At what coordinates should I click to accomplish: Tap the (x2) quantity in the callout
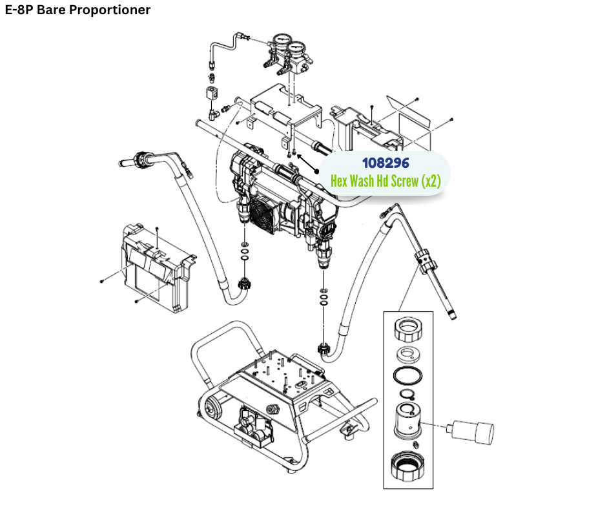tap(430, 182)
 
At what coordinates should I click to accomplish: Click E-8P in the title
tap(19, 10)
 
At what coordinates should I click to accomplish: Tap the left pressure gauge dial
tap(280, 43)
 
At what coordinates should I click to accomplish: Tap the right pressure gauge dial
tap(298, 48)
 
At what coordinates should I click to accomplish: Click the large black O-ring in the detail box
tap(407, 375)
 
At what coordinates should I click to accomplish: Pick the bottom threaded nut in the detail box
tap(408, 467)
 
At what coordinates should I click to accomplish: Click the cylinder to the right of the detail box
tap(473, 428)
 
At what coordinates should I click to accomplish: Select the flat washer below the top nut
tap(407, 354)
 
